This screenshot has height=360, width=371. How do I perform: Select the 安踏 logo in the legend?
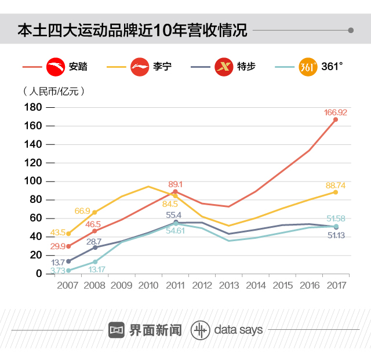(56, 67)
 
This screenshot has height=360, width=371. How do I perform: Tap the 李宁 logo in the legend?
(141, 67)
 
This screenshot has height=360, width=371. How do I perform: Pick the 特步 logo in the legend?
(224, 67)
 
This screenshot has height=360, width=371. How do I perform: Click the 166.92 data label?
(335, 112)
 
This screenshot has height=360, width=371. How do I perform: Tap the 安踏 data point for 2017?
(336, 119)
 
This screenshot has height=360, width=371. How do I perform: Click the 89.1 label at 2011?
(175, 184)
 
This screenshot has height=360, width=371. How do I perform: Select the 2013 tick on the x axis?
(228, 285)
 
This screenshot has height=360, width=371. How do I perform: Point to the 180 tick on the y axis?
(33, 108)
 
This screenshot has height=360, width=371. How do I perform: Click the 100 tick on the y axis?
(33, 181)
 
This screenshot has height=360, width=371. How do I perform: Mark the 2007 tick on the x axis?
(68, 285)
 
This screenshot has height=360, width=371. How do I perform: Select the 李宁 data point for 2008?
(95, 212)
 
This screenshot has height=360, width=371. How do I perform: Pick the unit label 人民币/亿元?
(54, 92)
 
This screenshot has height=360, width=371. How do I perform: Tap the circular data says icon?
(200, 330)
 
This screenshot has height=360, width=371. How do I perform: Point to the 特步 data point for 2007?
(68, 261)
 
